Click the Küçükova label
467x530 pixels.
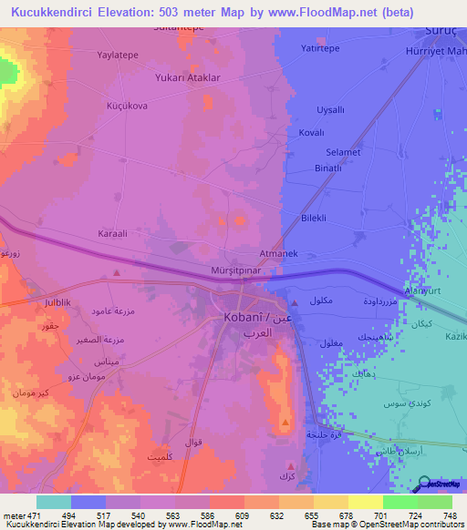pos(127,106)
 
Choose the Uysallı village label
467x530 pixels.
pos(329,109)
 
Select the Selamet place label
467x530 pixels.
pos(344,151)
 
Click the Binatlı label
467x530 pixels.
pos(327,168)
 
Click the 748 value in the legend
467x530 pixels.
pos(449,516)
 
